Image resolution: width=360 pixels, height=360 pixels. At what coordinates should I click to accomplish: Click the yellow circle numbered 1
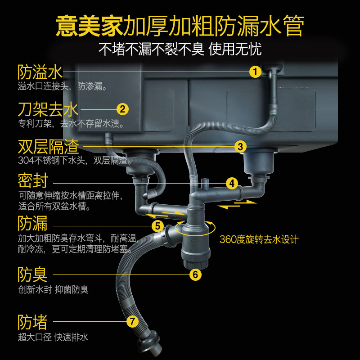(255, 72)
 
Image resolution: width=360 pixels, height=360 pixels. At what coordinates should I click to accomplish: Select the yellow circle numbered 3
(240, 146)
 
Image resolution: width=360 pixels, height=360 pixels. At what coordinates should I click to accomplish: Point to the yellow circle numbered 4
(231, 183)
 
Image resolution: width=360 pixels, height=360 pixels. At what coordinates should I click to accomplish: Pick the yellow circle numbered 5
(157, 226)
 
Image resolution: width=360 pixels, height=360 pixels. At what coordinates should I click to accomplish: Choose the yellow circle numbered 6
(195, 274)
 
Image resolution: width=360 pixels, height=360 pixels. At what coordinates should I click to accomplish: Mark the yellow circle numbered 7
(132, 321)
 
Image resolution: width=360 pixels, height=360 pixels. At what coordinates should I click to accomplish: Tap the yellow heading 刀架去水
(48, 109)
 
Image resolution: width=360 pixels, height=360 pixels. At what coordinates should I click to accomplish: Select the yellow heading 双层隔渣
(48, 147)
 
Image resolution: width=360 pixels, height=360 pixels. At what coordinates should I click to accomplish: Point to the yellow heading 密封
(32, 181)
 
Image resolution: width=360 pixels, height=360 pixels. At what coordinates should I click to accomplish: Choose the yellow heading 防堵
(32, 322)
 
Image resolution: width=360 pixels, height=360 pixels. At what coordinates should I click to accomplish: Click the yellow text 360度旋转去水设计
(259, 239)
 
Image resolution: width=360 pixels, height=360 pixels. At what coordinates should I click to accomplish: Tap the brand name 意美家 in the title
(89, 27)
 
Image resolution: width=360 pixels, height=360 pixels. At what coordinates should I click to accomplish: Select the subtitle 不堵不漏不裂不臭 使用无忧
(180, 48)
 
